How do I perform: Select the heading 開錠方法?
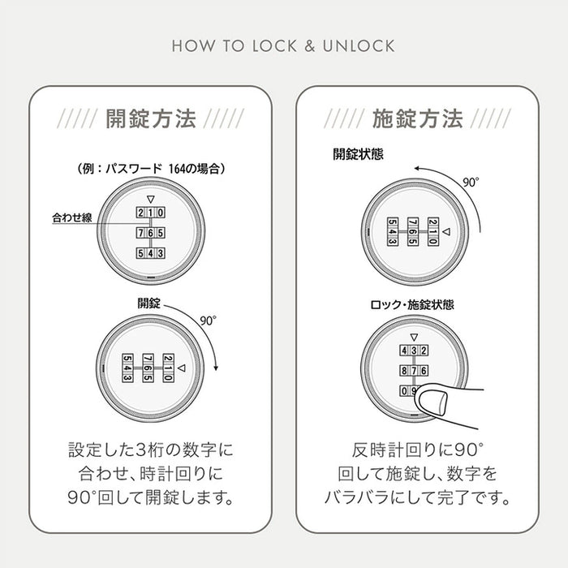point(152,120)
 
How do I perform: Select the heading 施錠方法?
point(417,120)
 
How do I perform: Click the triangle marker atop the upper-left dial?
point(149,198)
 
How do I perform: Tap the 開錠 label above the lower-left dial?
point(149,303)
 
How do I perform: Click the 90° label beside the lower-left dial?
point(209,321)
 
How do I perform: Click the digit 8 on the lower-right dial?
point(403,371)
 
